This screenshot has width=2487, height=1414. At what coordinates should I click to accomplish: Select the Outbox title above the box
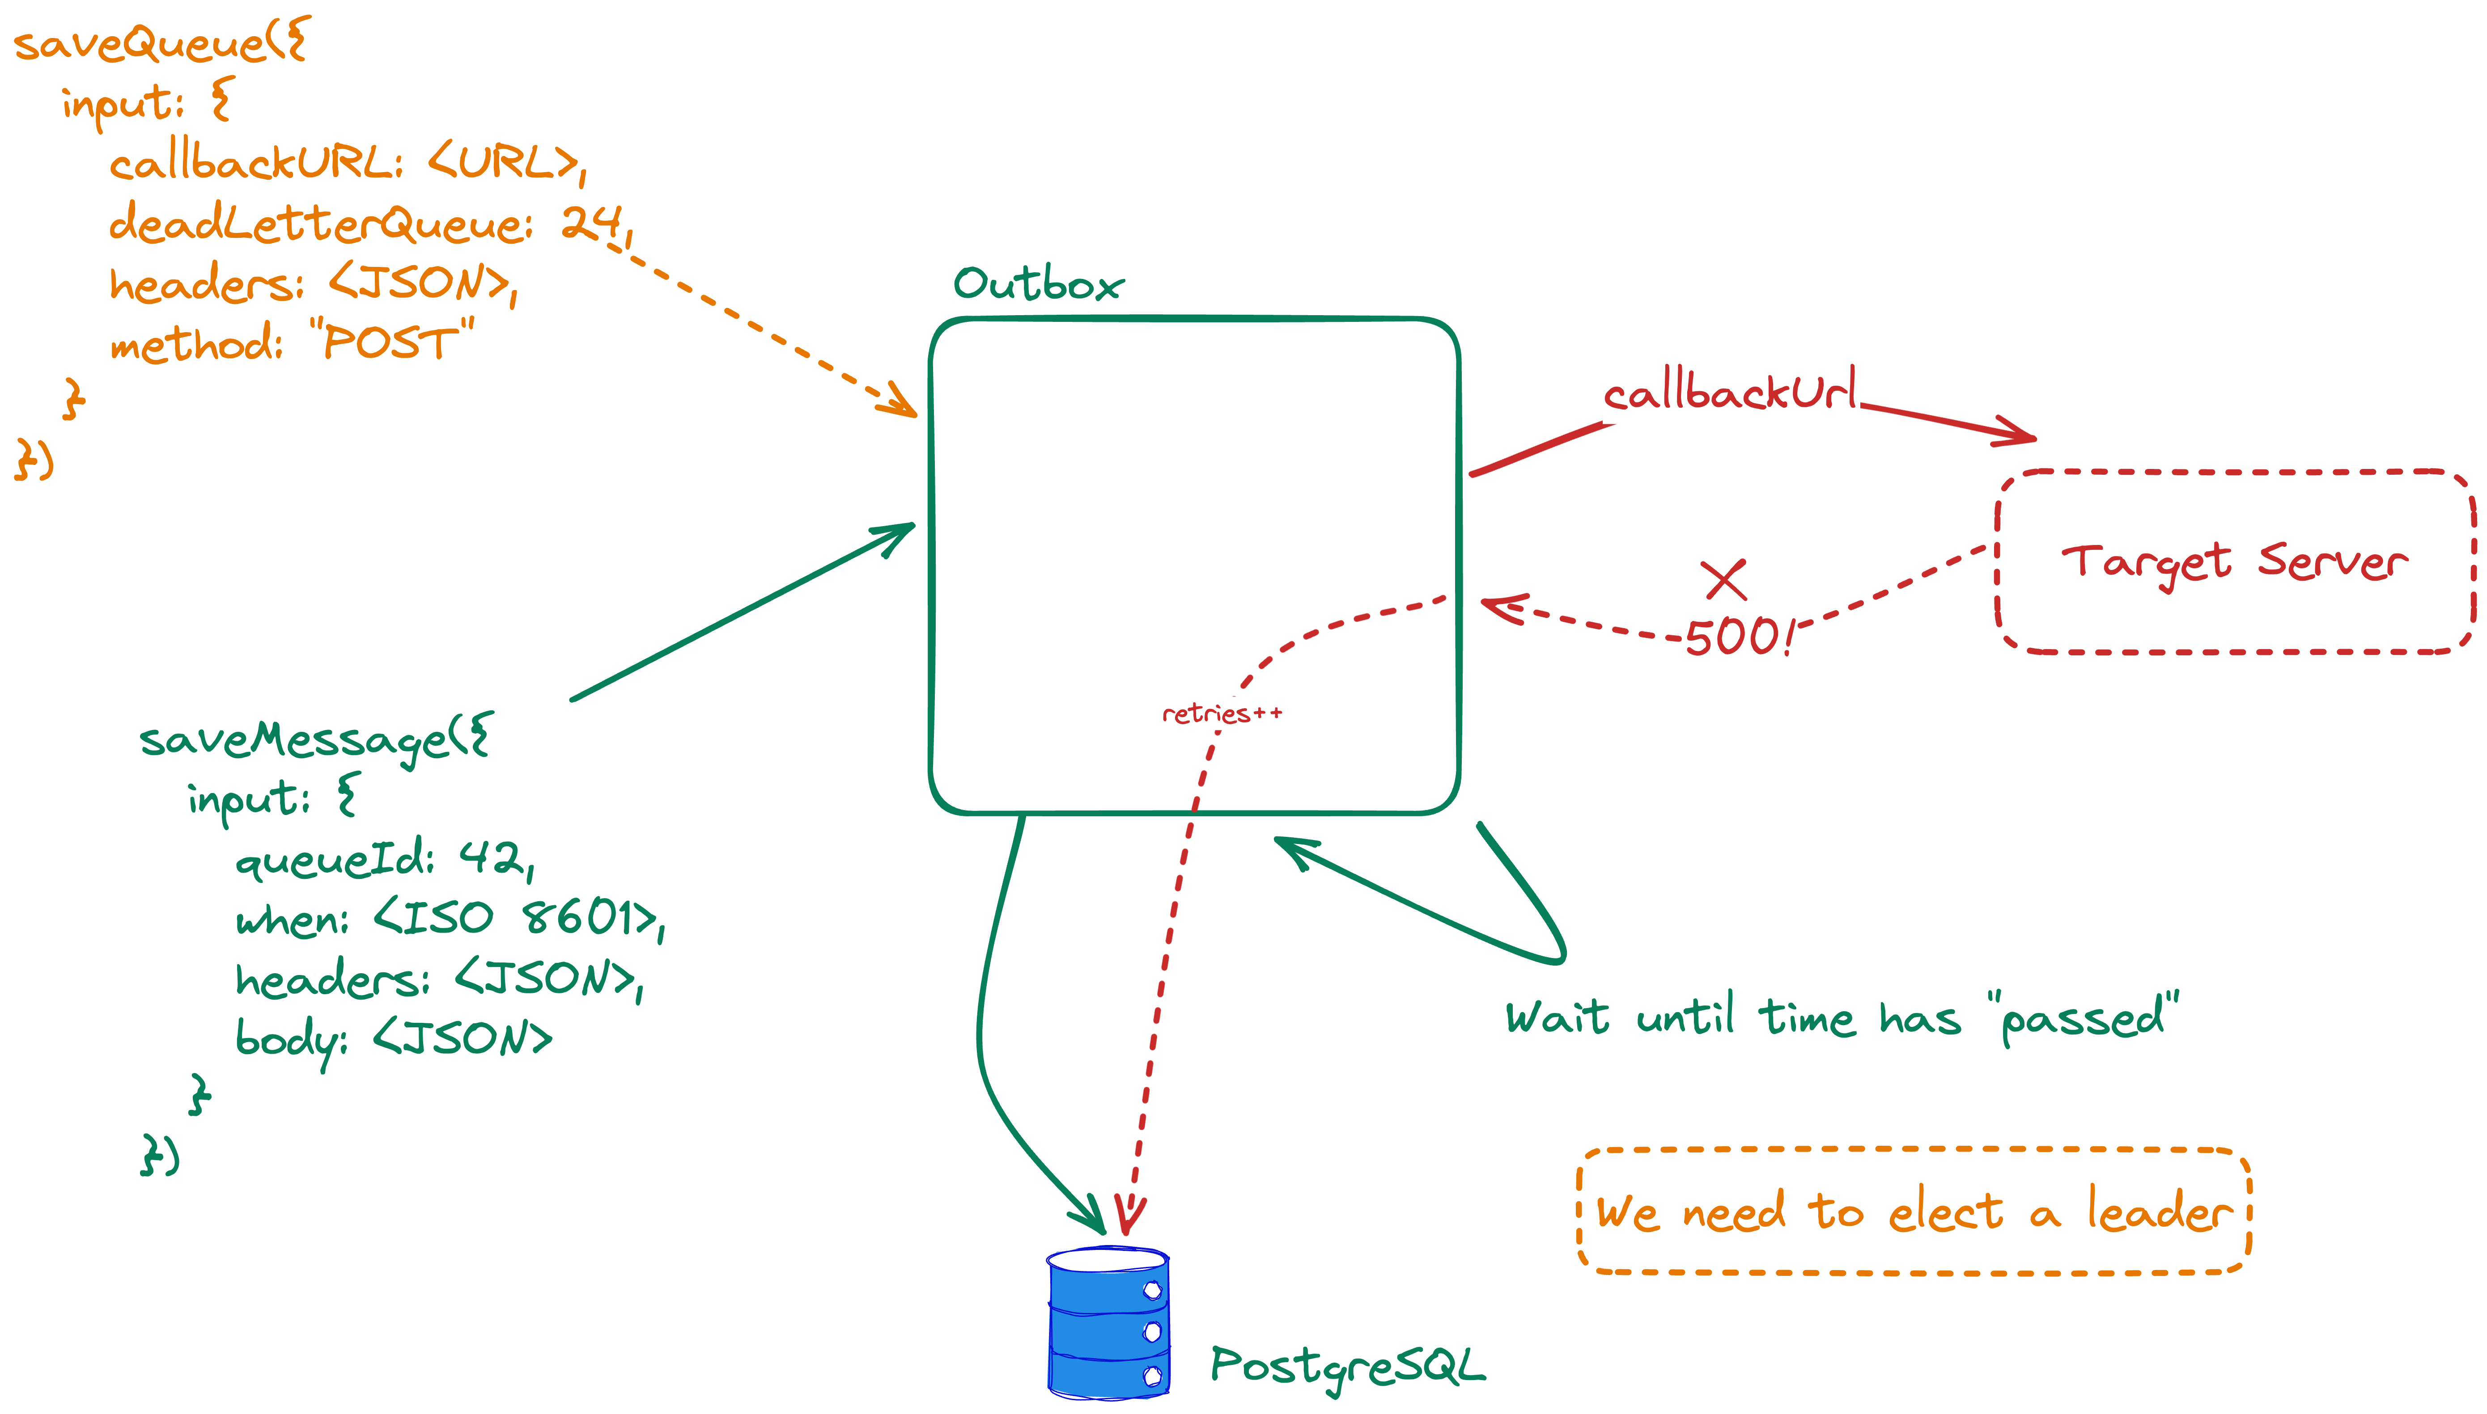[x=1038, y=285]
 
